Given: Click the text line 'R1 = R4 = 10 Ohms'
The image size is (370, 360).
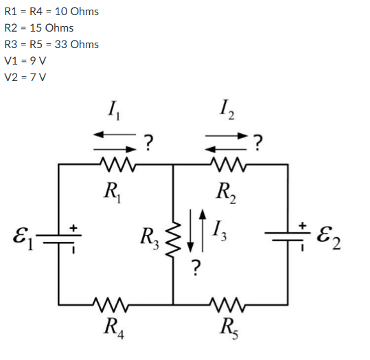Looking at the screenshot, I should pos(51,11).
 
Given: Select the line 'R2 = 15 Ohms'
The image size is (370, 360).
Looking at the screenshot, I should pos(39,27).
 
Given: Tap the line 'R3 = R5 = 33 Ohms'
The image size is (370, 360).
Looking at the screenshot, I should pos(51,44).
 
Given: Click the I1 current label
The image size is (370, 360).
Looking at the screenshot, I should pos(113,109).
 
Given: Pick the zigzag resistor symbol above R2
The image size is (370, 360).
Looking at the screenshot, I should pos(227,164).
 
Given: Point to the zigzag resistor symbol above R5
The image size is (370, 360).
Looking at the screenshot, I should pos(227,302).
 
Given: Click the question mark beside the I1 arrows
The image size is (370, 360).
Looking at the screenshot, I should pos(148,142).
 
